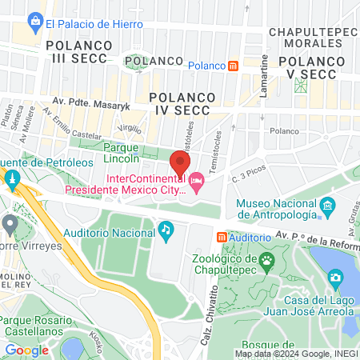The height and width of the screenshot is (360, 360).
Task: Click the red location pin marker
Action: pyautogui.click(x=180, y=163)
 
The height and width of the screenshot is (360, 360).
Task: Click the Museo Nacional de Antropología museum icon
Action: pyautogui.click(x=326, y=208)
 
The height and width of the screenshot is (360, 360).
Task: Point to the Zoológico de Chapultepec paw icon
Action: pyautogui.click(x=266, y=259)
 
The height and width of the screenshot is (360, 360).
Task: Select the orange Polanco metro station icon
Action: pyautogui.click(x=233, y=66)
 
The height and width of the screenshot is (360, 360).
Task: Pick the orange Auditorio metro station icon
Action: pyautogui.click(x=222, y=238)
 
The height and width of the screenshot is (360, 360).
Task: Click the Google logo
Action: pyautogui.click(x=26, y=350)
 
